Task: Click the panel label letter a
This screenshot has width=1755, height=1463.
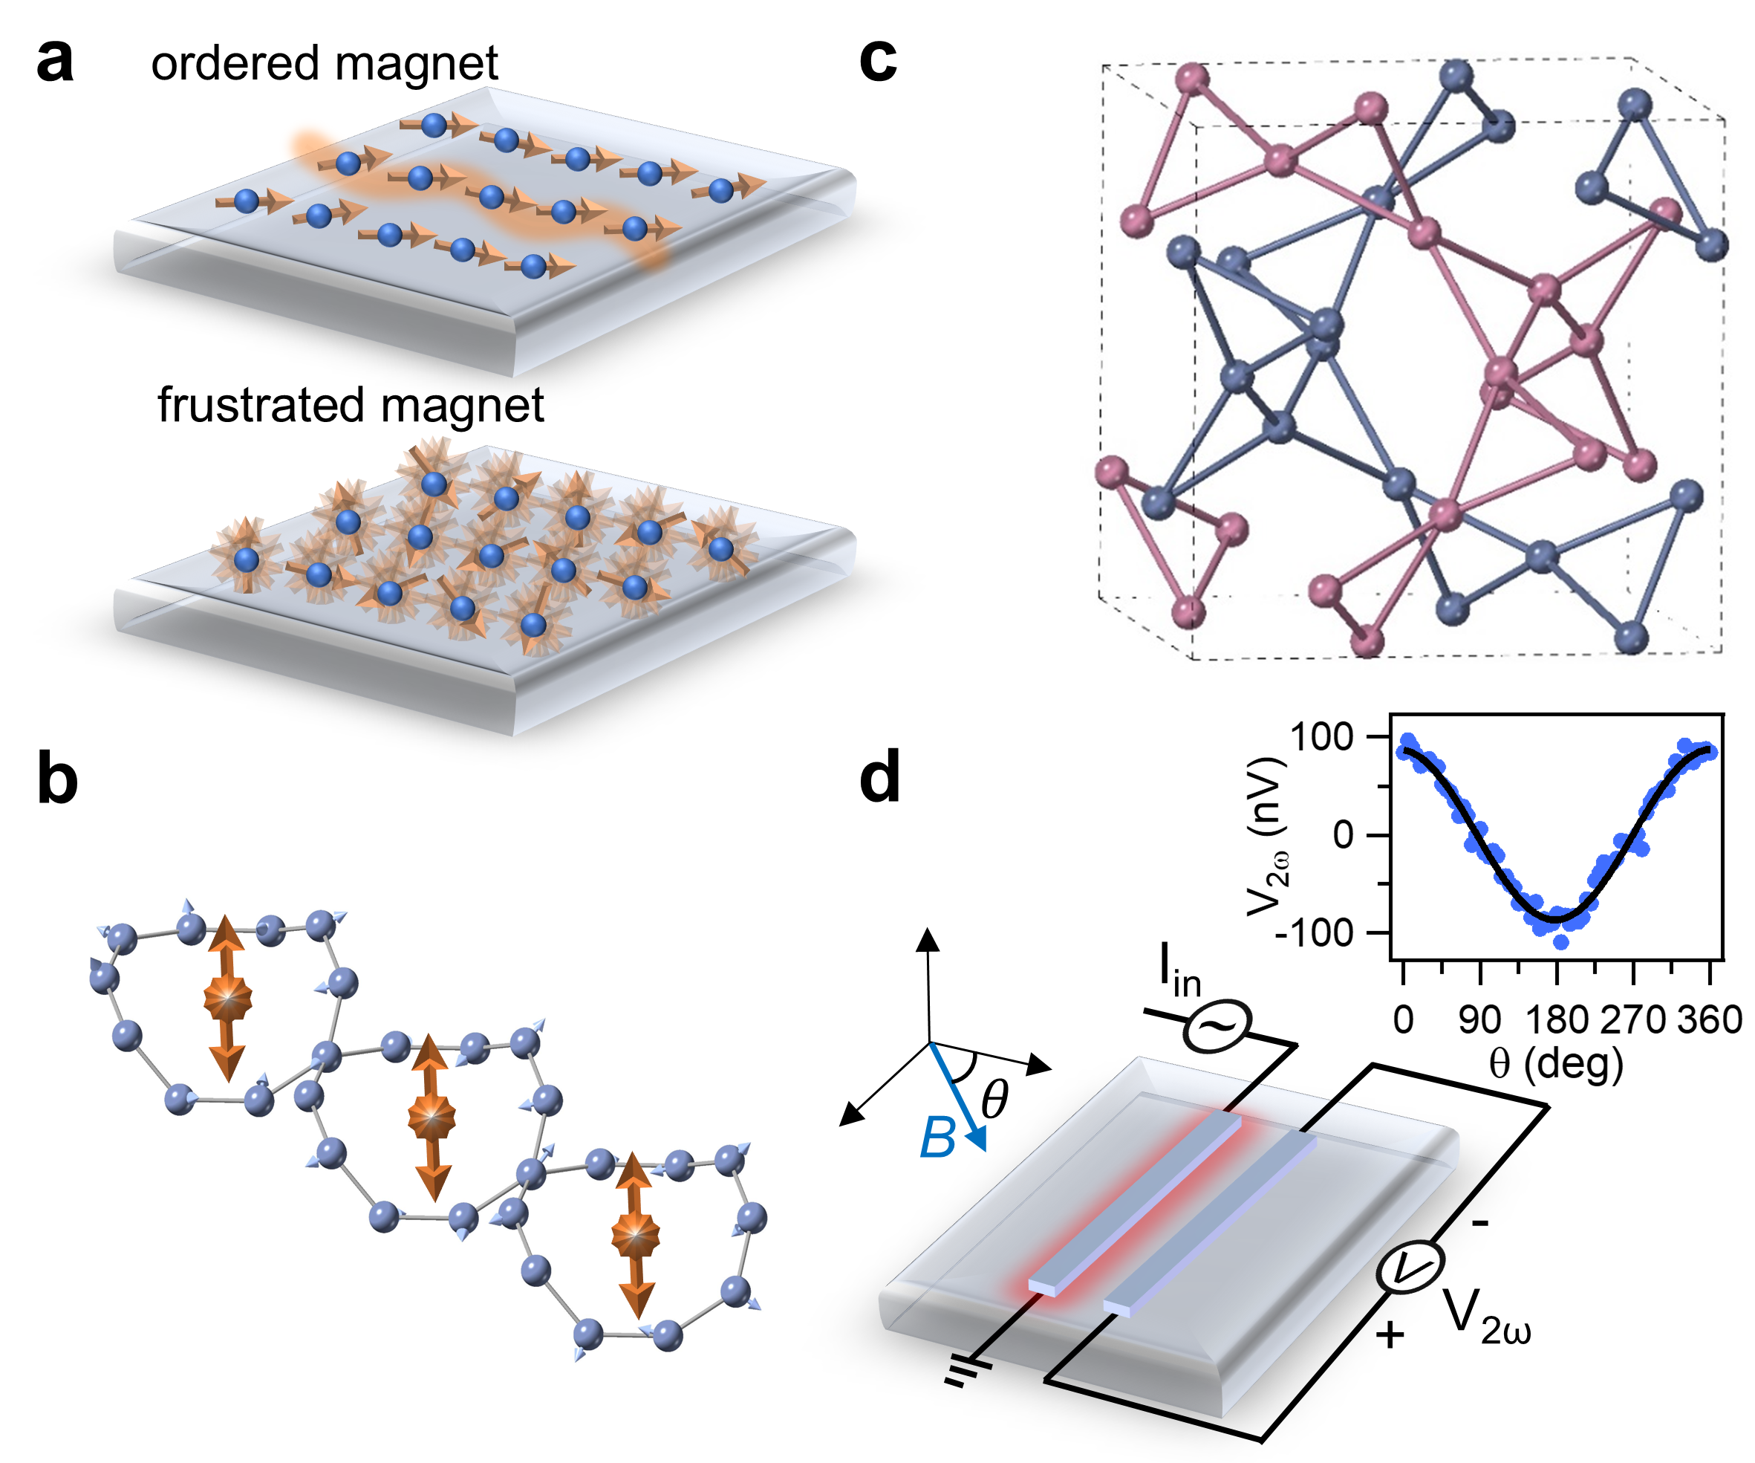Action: point(55,62)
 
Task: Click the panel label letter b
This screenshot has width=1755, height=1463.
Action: point(57,780)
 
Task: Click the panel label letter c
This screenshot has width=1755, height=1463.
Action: point(878,60)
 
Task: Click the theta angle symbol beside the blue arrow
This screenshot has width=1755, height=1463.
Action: point(994,1098)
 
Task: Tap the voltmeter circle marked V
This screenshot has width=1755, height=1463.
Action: point(1410,1268)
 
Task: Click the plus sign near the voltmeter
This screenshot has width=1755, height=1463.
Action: point(1389,1335)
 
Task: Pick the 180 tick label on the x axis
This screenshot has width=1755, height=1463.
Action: point(1556,1020)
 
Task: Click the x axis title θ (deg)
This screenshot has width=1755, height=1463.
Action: point(1556,1063)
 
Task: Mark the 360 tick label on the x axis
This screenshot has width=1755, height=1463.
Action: point(1710,1020)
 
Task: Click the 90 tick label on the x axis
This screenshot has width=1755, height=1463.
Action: point(1479,1020)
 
